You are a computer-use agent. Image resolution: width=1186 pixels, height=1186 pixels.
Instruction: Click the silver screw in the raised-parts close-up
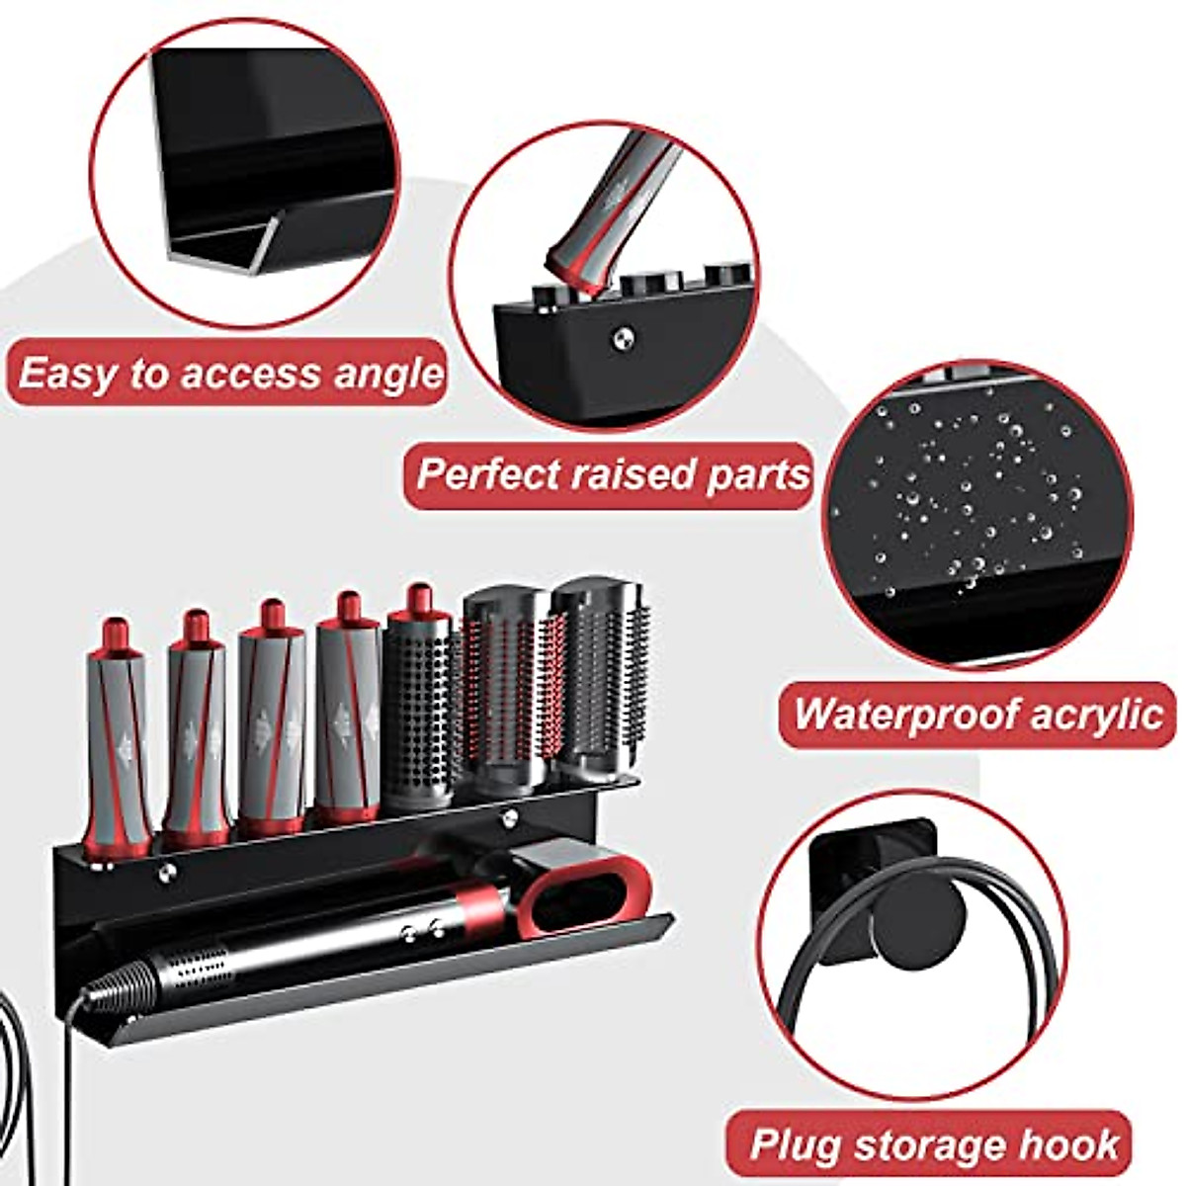[x=621, y=339]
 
